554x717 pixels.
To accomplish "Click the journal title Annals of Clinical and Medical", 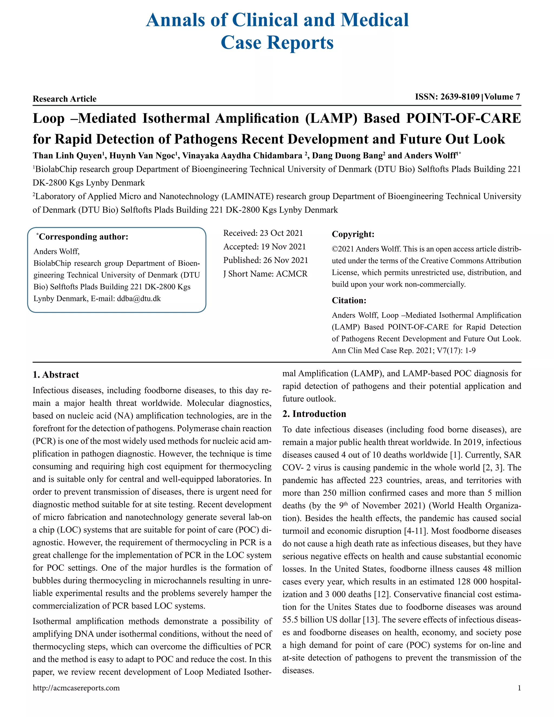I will (x=277, y=20).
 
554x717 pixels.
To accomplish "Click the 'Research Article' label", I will (x=65, y=99).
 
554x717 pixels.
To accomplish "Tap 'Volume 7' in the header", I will (x=502, y=97).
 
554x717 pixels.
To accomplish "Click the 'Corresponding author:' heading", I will (x=83, y=237).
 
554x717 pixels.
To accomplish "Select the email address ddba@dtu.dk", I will (x=139, y=298).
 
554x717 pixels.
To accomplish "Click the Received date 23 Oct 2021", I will (x=281, y=233).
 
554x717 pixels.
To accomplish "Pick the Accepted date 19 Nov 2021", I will (x=283, y=246).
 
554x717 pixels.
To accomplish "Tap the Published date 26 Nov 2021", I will (x=286, y=260).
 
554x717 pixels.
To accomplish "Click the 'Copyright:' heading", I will (x=353, y=234).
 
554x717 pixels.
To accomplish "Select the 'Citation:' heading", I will (x=349, y=300).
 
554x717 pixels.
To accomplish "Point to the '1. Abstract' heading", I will (x=56, y=375).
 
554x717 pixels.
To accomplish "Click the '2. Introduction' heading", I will (x=314, y=414).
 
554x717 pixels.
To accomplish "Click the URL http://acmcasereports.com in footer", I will (x=76, y=688).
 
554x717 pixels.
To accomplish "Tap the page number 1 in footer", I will (x=519, y=688).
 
